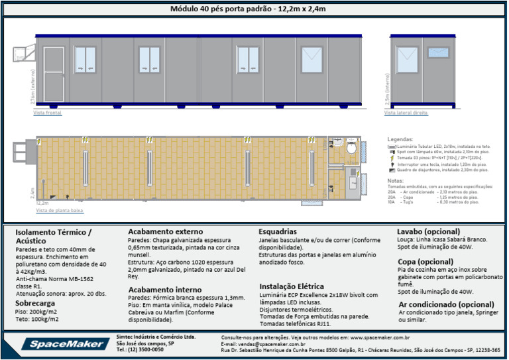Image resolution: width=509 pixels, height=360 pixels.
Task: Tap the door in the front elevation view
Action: (53, 74)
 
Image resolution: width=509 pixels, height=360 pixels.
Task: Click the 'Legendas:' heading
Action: (400, 140)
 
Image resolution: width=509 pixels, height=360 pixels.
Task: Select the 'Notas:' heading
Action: (395, 180)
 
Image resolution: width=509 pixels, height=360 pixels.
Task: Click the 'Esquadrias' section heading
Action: (278, 231)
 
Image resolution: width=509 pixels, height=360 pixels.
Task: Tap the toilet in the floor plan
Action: (351, 147)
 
